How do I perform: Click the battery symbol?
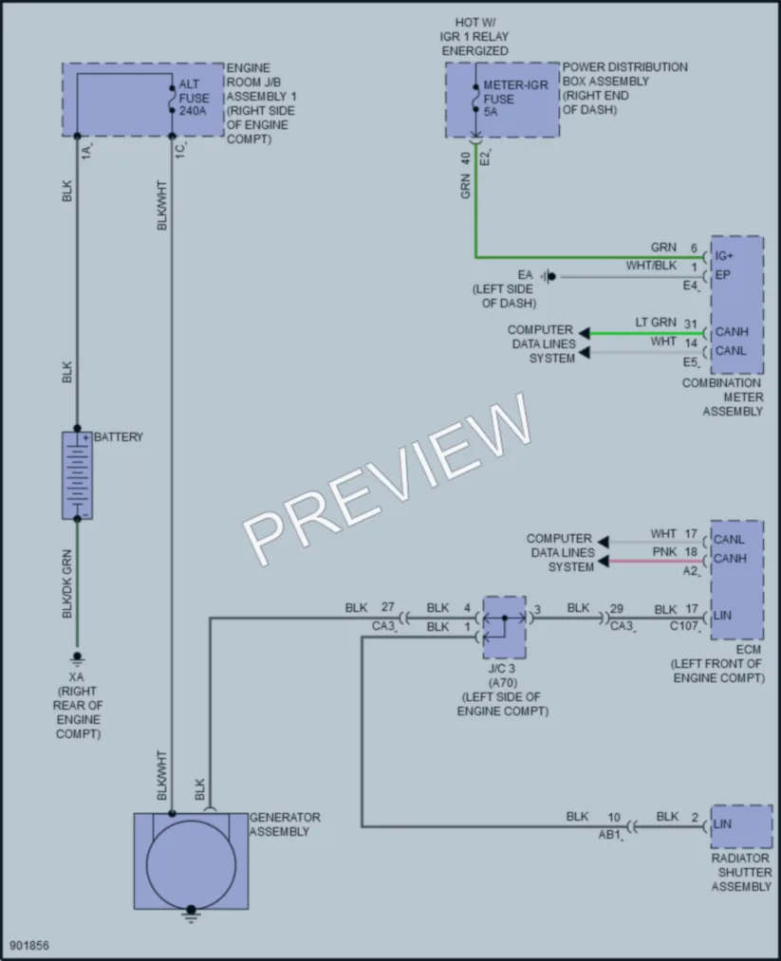click(x=77, y=475)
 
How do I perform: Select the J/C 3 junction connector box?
click(x=504, y=627)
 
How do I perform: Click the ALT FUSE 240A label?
click(x=194, y=98)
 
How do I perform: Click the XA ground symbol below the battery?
click(x=77, y=658)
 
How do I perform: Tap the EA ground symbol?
click(x=549, y=276)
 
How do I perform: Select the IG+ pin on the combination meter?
click(x=724, y=255)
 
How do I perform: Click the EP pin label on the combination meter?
click(x=723, y=274)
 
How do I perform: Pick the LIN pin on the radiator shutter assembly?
click(x=722, y=823)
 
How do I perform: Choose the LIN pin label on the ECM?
click(x=722, y=615)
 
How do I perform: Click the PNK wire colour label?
click(x=664, y=551)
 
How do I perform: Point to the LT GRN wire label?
click(x=656, y=323)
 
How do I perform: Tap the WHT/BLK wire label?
click(x=651, y=266)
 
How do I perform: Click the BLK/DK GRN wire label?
click(x=66, y=583)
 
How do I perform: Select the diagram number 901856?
click(x=28, y=946)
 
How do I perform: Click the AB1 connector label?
click(x=610, y=835)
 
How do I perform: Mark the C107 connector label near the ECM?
click(x=683, y=626)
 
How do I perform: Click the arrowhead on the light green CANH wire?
click(x=585, y=333)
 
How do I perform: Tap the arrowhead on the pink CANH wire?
click(x=604, y=562)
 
